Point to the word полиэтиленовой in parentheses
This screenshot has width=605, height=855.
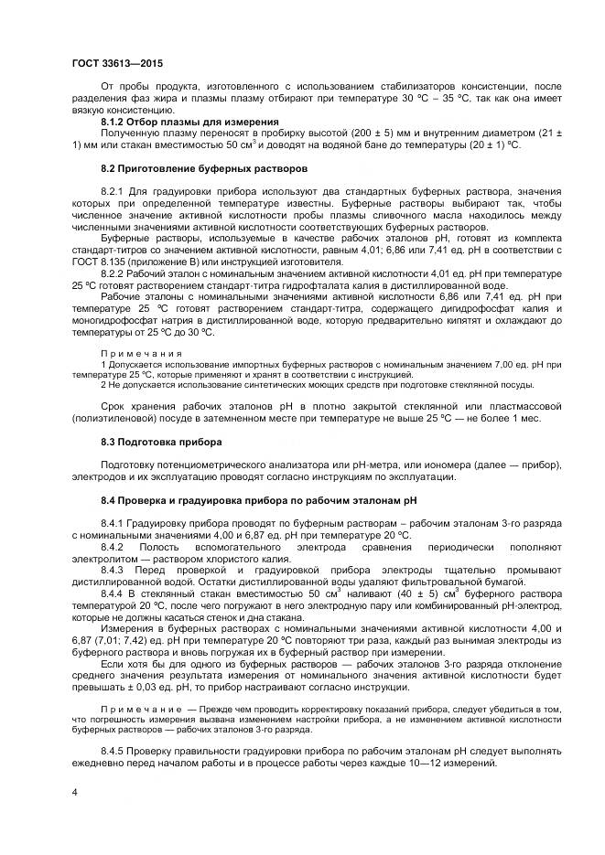(x=119, y=418)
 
